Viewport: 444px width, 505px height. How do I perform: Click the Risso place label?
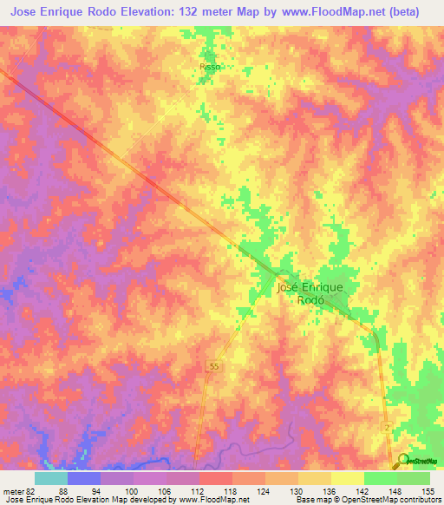tap(210, 66)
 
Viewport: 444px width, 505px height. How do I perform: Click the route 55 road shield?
tap(213, 368)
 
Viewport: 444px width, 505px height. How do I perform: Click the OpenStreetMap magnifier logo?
tap(404, 461)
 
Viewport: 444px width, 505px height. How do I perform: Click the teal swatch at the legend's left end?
tap(50, 478)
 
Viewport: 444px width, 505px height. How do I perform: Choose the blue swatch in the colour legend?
tap(83, 478)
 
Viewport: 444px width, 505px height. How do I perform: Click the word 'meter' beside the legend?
tap(11, 490)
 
